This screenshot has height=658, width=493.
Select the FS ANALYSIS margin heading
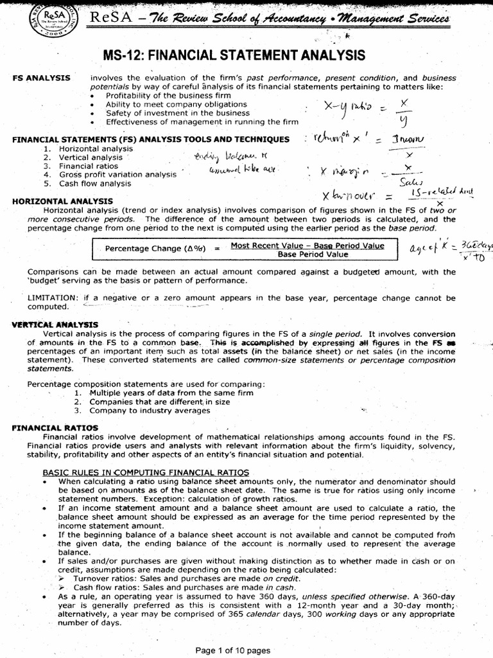tap(42, 78)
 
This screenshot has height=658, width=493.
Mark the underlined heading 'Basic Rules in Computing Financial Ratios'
tap(153, 472)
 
